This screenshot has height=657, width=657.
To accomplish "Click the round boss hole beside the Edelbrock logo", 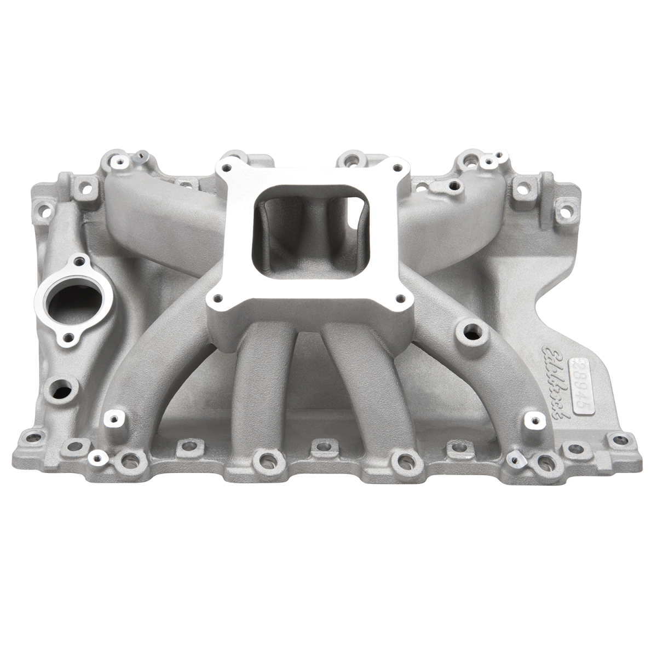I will [470, 331].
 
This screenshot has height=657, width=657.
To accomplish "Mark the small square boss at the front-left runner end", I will [114, 419].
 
